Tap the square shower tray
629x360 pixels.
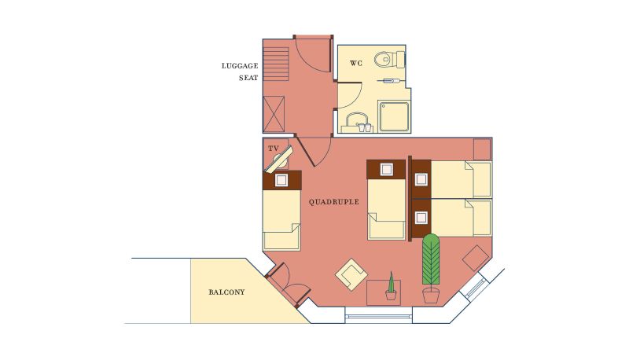[x=395, y=116]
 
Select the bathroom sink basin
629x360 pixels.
[x=357, y=120]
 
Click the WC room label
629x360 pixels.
[x=356, y=64]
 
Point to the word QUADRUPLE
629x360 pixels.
[x=333, y=202]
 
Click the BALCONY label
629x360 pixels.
[x=226, y=292]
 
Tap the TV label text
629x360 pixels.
[x=274, y=149]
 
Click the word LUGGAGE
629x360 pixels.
[x=240, y=66]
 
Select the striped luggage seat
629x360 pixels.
[x=276, y=64]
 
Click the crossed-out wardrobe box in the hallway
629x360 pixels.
[x=274, y=114]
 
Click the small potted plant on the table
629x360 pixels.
[x=391, y=287]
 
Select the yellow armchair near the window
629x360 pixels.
[x=351, y=274]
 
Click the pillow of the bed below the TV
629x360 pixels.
[x=281, y=180]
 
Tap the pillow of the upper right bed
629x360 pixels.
[x=421, y=179]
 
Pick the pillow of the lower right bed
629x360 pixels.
[x=421, y=218]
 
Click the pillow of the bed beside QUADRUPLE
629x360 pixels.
[x=386, y=169]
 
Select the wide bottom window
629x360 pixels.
[x=379, y=317]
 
